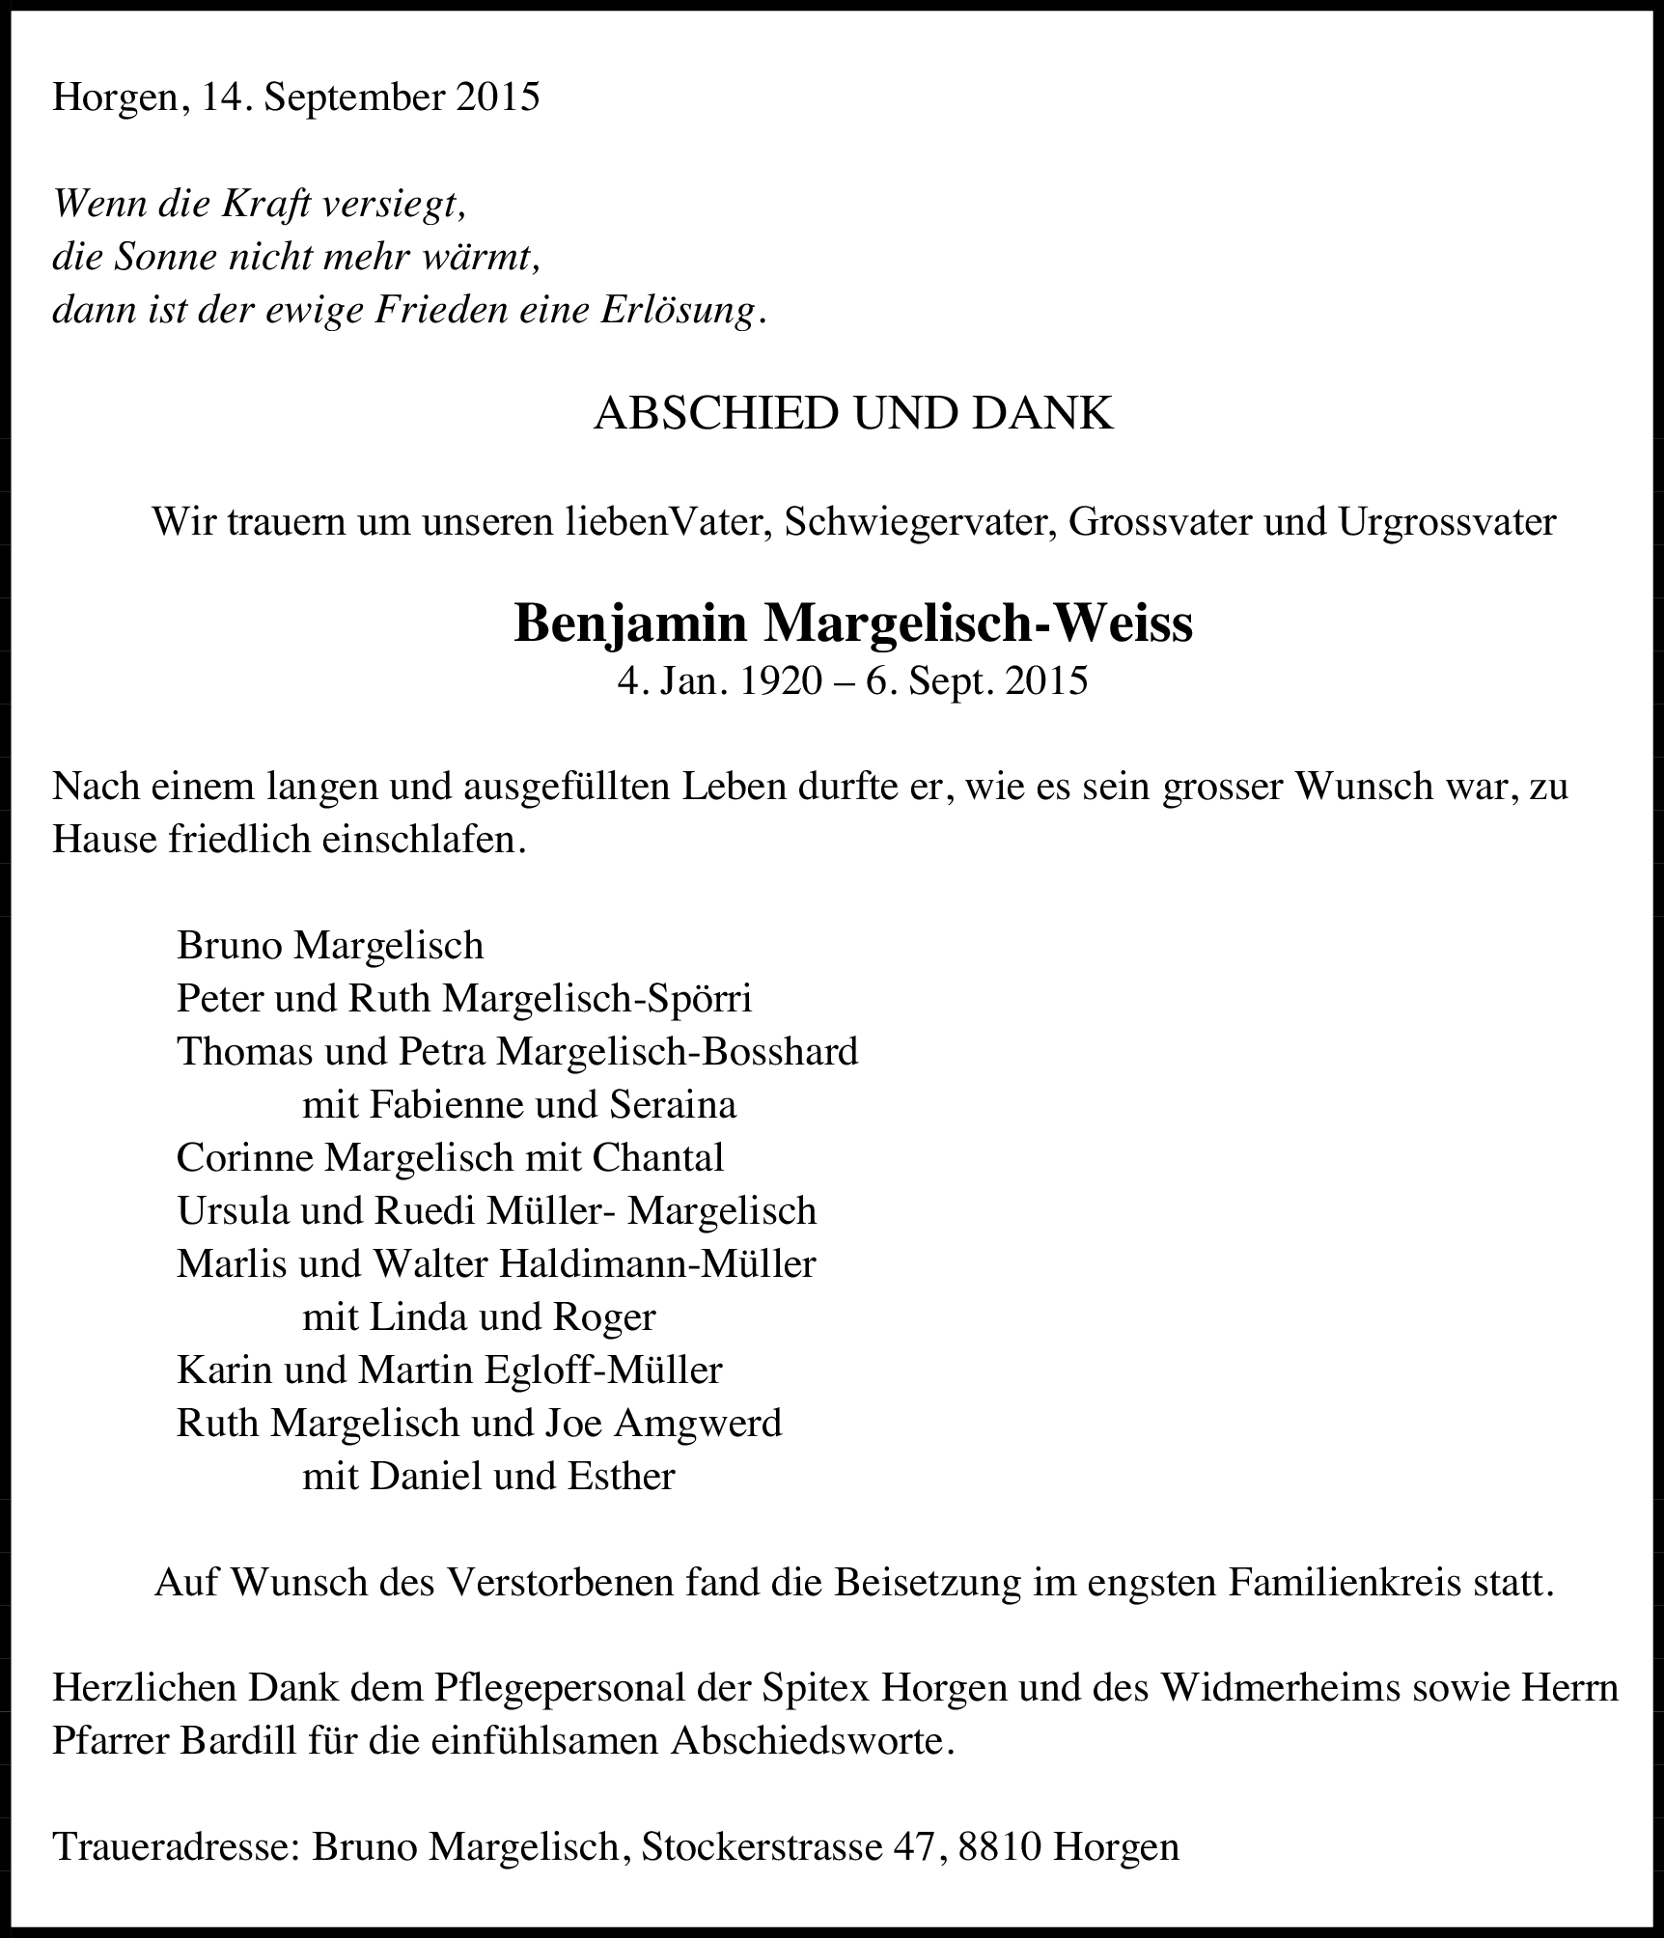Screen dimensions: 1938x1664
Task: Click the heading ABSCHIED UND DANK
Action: click(x=853, y=414)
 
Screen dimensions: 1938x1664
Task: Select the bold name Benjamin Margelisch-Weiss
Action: click(x=853, y=623)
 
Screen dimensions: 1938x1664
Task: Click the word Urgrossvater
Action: click(x=1446, y=522)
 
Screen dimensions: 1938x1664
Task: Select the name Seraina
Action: click(x=673, y=1105)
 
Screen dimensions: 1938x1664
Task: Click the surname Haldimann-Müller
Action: click(x=656, y=1264)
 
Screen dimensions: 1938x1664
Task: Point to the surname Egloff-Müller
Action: click(x=603, y=1370)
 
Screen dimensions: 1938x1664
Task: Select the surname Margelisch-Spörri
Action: click(x=596, y=999)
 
